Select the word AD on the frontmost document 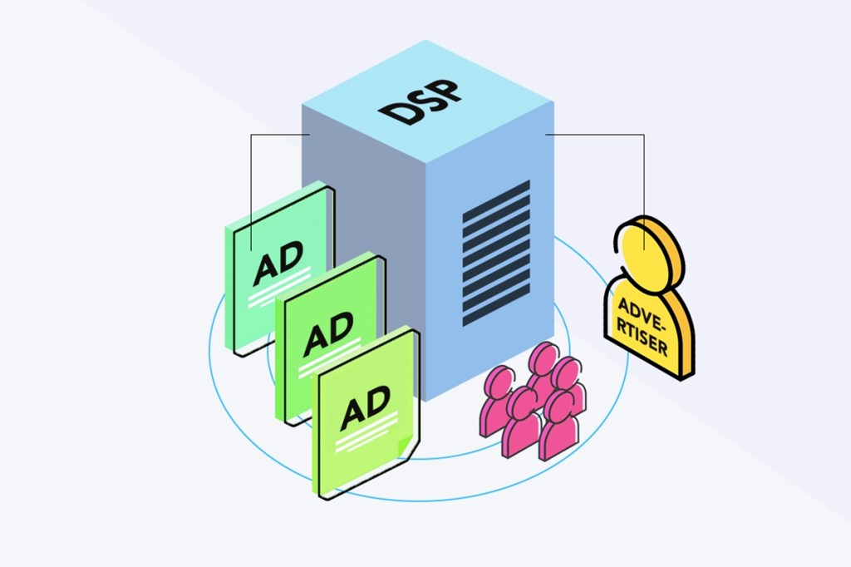tap(365, 407)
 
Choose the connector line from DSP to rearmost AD tap(251, 183)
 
